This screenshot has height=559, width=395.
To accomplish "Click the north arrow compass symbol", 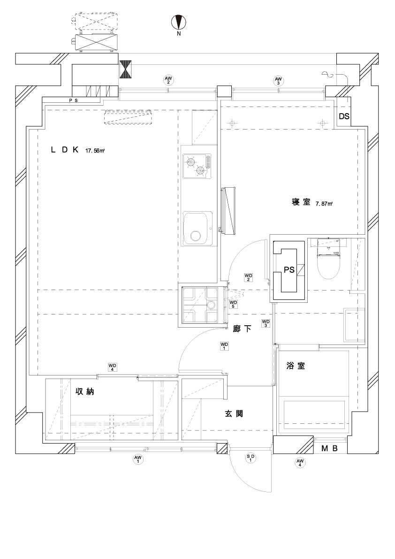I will click(179, 23).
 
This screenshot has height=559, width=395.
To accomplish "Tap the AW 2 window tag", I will click(167, 80).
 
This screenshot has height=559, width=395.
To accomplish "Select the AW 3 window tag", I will click(279, 80).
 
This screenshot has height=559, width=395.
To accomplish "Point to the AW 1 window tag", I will click(138, 459).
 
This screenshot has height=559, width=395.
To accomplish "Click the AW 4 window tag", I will click(300, 463).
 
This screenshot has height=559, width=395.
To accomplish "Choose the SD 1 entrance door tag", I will click(251, 458).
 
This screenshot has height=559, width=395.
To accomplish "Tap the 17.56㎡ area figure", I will click(95, 151).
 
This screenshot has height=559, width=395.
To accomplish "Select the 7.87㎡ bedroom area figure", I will click(324, 204).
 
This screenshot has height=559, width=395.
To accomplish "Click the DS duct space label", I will click(344, 117).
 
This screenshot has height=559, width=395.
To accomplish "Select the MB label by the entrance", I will click(329, 449).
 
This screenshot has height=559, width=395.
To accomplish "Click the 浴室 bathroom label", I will click(296, 366).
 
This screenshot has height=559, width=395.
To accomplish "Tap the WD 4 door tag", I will click(112, 366).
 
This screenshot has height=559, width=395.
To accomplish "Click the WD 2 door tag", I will click(249, 277).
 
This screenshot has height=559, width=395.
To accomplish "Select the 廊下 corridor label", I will click(242, 329).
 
